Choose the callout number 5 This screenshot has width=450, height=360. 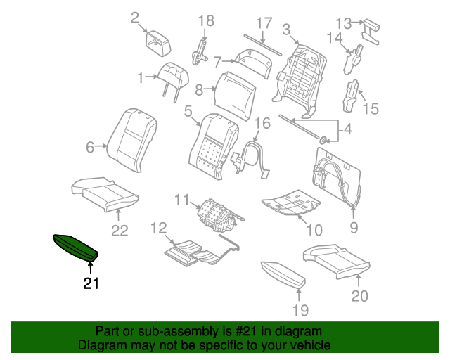point(188,110)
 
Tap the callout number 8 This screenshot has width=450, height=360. point(199,90)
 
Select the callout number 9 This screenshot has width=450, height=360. point(354,227)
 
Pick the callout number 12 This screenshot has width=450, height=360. point(158,227)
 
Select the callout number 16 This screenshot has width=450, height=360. point(262,124)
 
